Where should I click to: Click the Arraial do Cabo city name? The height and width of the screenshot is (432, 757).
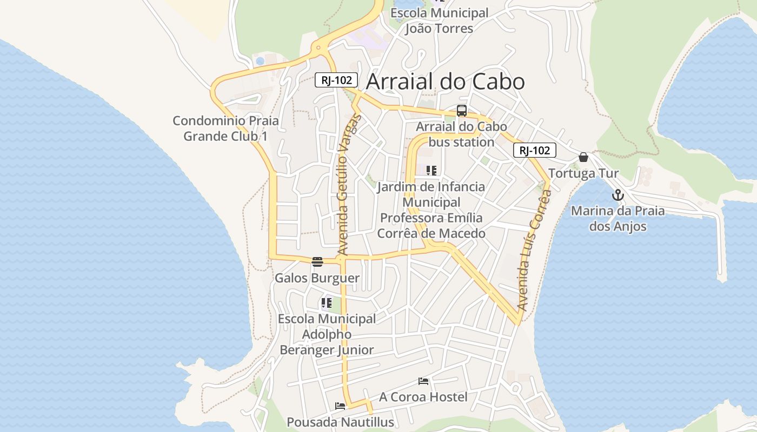pyautogui.click(x=445, y=82)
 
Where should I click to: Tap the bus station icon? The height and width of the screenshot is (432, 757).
pyautogui.click(x=461, y=111)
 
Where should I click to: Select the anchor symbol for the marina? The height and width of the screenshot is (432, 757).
pyautogui.click(x=617, y=195)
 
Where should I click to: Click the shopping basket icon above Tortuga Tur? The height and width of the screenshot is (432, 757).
pyautogui.click(x=583, y=157)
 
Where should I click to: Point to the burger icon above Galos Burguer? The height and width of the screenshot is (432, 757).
pyautogui.click(x=317, y=262)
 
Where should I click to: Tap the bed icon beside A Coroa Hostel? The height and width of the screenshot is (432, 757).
pyautogui.click(x=423, y=381)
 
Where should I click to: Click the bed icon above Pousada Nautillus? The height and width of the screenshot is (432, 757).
pyautogui.click(x=340, y=406)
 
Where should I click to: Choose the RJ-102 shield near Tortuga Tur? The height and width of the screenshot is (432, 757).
pyautogui.click(x=534, y=151)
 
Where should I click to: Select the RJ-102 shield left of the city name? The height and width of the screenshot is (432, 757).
pyautogui.click(x=336, y=80)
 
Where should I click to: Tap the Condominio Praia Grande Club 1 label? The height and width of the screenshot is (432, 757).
pyautogui.click(x=225, y=128)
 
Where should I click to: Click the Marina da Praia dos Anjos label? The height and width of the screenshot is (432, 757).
pyautogui.click(x=617, y=218)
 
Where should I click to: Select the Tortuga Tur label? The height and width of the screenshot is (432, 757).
pyautogui.click(x=583, y=173)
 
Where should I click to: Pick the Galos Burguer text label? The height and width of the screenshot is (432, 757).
pyautogui.click(x=317, y=278)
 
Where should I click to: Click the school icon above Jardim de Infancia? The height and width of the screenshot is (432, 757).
pyautogui.click(x=431, y=171)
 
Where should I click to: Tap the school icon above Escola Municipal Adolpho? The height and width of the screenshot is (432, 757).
pyautogui.click(x=326, y=303)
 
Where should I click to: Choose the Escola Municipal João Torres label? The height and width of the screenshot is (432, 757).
pyautogui.click(x=439, y=21)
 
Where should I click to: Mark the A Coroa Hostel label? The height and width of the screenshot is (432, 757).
pyautogui.click(x=423, y=397)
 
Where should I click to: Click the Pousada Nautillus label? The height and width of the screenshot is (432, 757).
pyautogui.click(x=340, y=422)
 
